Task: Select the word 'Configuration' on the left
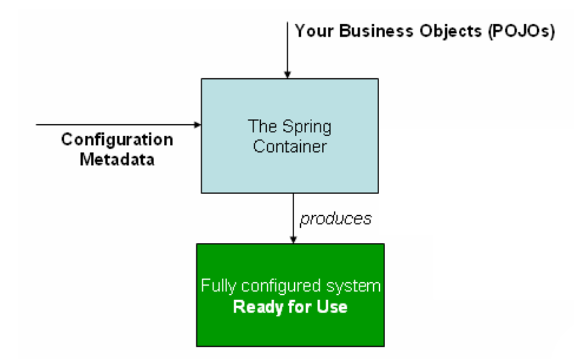point(117,141)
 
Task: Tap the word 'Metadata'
point(117,159)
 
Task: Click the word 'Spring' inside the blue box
point(301,125)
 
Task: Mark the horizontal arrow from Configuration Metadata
point(118,124)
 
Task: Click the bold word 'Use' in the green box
point(333,307)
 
